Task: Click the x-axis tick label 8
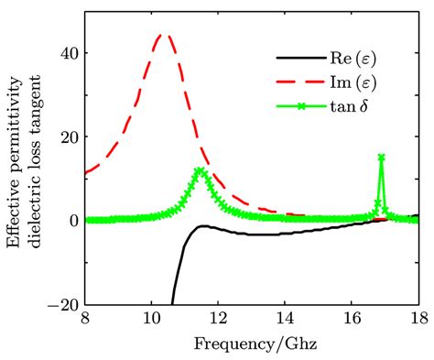click(x=84, y=319)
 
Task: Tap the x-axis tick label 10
click(x=151, y=319)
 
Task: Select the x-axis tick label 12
click(x=218, y=319)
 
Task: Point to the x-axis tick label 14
click(x=285, y=319)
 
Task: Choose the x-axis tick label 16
click(x=352, y=319)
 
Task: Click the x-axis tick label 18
click(x=417, y=319)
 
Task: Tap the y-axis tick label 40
click(x=65, y=53)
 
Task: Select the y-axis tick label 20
click(x=65, y=136)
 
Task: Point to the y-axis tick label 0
click(x=70, y=221)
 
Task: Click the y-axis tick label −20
click(x=60, y=304)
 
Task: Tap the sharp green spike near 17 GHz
click(x=381, y=158)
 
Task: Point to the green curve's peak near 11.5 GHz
click(x=200, y=170)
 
